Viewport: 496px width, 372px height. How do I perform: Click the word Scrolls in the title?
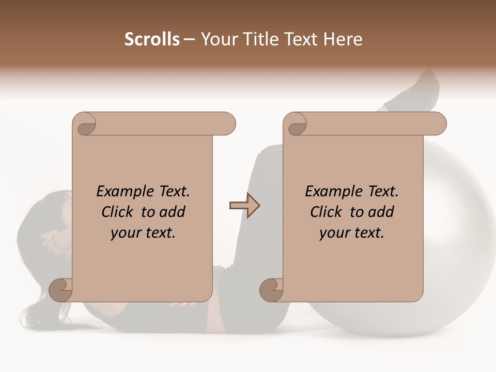152,39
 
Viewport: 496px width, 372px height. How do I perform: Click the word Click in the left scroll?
118,212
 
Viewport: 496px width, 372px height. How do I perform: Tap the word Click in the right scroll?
327,212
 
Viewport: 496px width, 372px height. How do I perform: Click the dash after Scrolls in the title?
190,40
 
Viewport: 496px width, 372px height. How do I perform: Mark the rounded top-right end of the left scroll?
227,123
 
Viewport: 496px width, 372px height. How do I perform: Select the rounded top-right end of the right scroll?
438,123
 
